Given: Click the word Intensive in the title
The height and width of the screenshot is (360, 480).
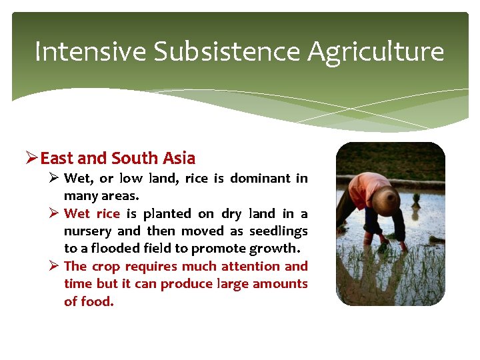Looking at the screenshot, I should (90, 51).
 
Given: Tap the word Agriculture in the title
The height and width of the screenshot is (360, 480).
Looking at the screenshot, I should (376, 51).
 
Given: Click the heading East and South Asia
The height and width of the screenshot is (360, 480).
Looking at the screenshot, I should (117, 159).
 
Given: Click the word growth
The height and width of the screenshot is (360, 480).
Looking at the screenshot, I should (275, 249).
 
